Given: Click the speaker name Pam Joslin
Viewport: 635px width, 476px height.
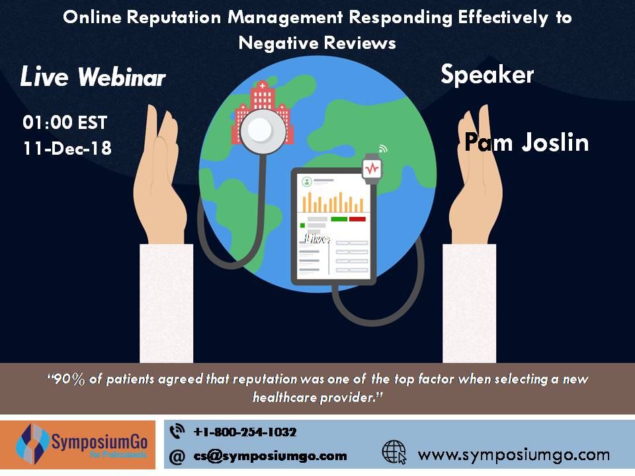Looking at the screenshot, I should [527, 142].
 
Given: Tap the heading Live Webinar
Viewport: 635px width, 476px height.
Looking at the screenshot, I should [93, 77].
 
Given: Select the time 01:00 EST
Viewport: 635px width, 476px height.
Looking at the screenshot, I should [65, 123].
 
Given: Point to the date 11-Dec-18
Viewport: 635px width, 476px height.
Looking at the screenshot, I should [67, 148].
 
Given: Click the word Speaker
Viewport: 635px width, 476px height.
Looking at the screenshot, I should [487, 75].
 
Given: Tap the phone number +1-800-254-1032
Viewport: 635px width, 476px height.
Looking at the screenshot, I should [245, 432].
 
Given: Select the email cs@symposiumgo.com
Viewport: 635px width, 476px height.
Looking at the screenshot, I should [270, 456].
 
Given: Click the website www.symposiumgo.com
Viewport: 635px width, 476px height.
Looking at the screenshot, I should [513, 454].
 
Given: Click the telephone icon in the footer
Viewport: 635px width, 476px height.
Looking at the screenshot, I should [177, 432].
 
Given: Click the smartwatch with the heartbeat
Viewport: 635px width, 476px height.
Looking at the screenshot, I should [372, 167].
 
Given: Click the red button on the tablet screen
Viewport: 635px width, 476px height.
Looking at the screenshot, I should [358, 219].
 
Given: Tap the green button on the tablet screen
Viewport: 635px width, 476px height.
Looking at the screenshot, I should [339, 219].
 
